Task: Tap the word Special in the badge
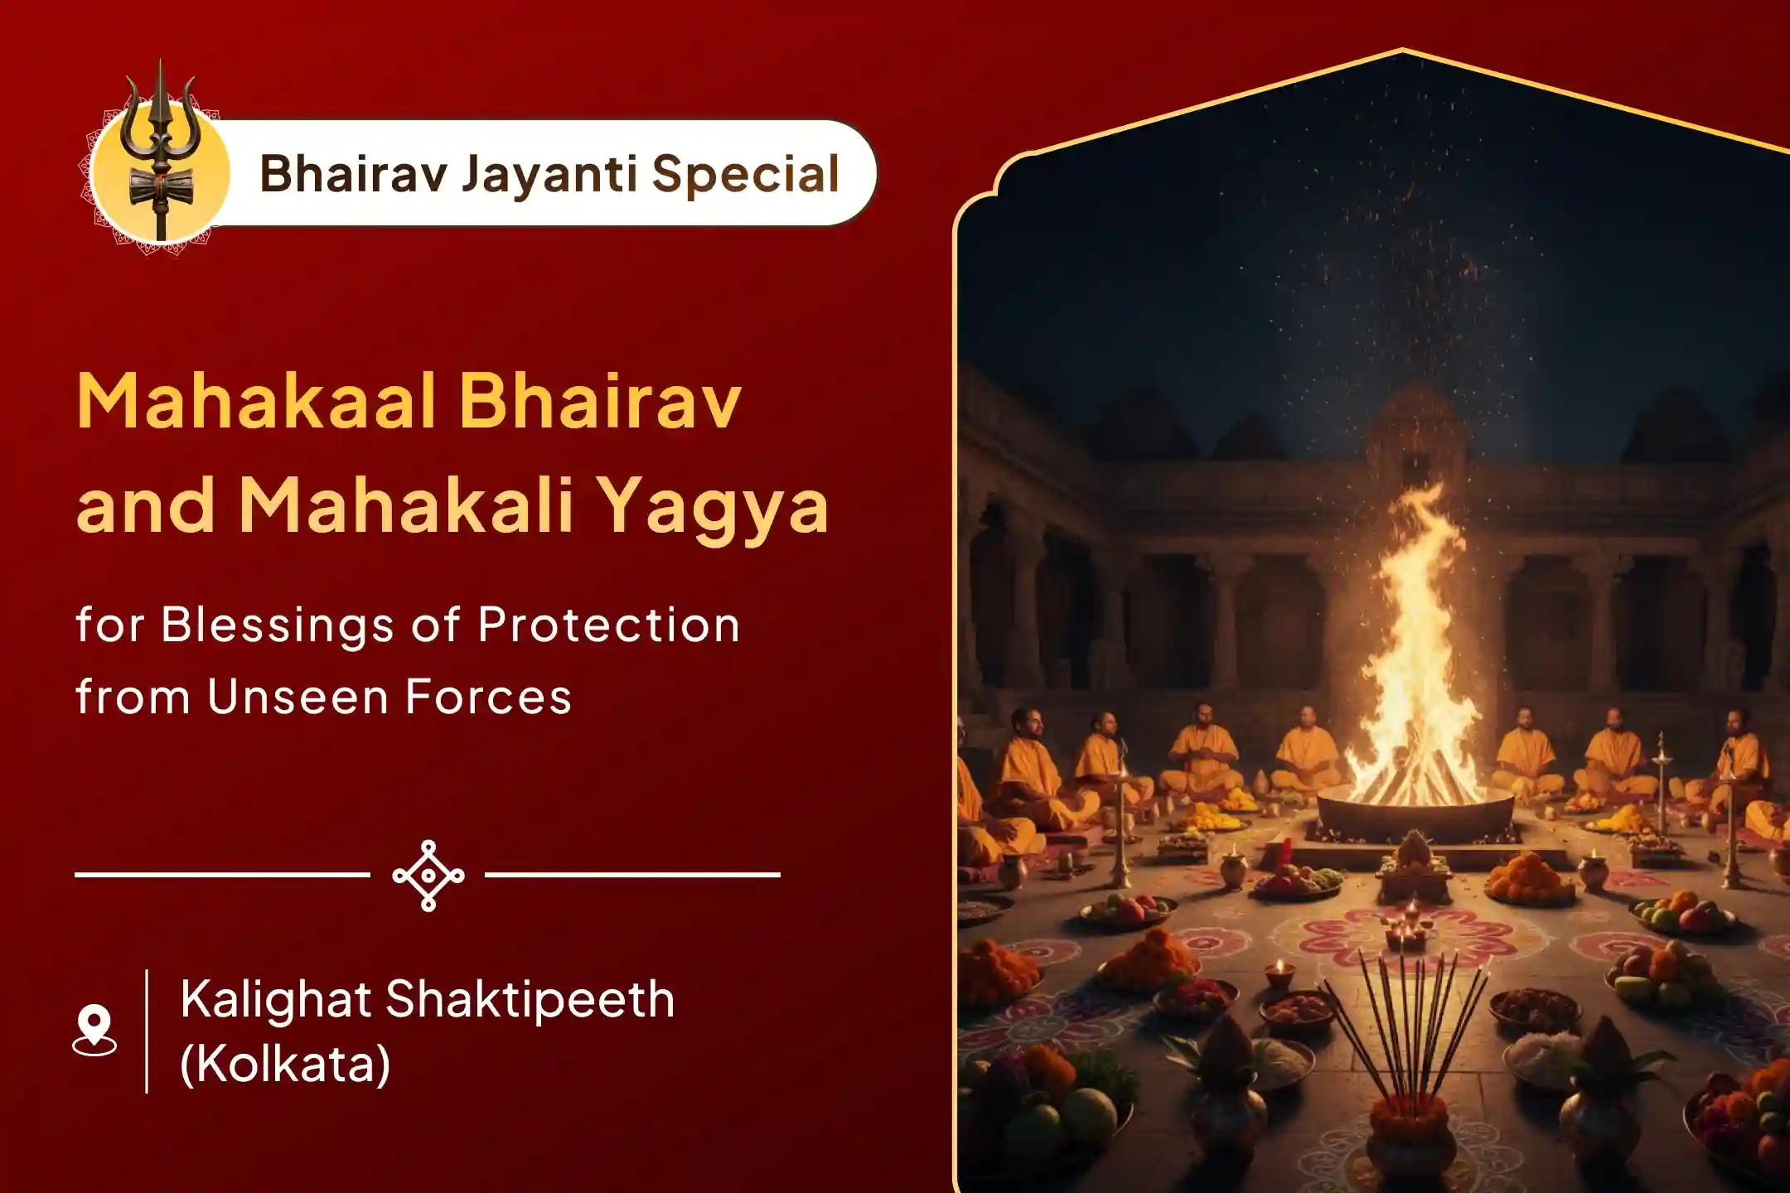pyautogui.click(x=745, y=174)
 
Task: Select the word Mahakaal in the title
pyautogui.click(x=257, y=402)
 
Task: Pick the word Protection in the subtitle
pyautogui.click(x=608, y=625)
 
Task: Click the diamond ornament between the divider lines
pyautogui.click(x=428, y=875)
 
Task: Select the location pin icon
pyautogui.click(x=94, y=1030)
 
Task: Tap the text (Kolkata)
pyautogui.click(x=284, y=1064)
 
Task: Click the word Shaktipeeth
pyautogui.click(x=530, y=999)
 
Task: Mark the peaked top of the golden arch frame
pyautogui.click(x=1402, y=51)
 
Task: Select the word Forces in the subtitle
pyautogui.click(x=488, y=697)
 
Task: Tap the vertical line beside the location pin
pyautogui.click(x=147, y=1031)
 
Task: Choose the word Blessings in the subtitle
pyautogui.click(x=276, y=625)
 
